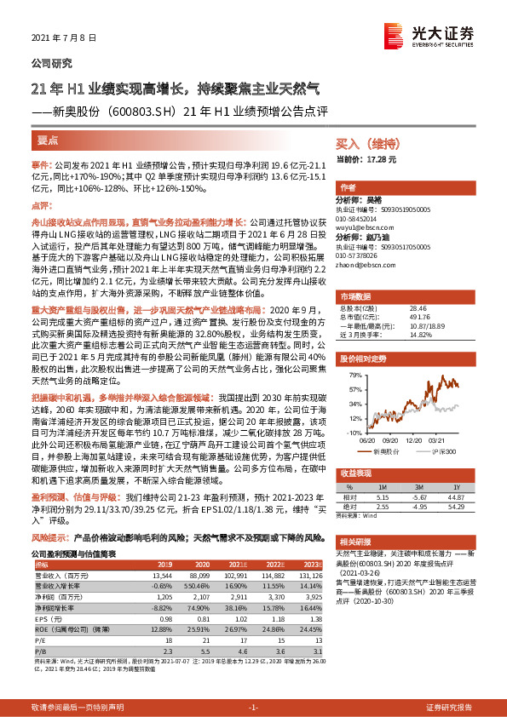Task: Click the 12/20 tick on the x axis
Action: [416, 441]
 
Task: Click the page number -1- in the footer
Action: [253, 707]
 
